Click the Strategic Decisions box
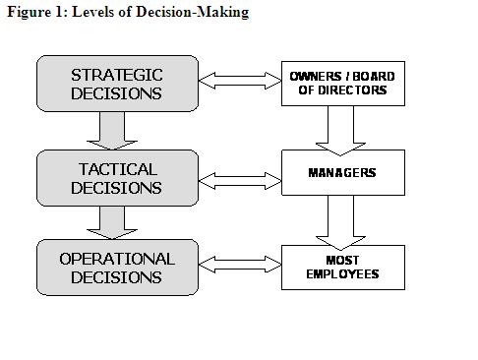[x=117, y=84]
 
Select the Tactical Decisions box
[x=117, y=177]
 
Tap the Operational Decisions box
[x=117, y=268]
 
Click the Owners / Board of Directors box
[x=343, y=83]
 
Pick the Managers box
[x=343, y=173]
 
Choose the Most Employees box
[x=343, y=267]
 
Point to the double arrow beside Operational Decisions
[x=239, y=264]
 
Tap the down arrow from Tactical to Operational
[x=116, y=221]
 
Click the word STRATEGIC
[x=117, y=75]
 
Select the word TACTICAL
[x=117, y=168]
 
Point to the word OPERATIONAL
[x=117, y=259]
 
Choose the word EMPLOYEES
[x=343, y=274]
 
